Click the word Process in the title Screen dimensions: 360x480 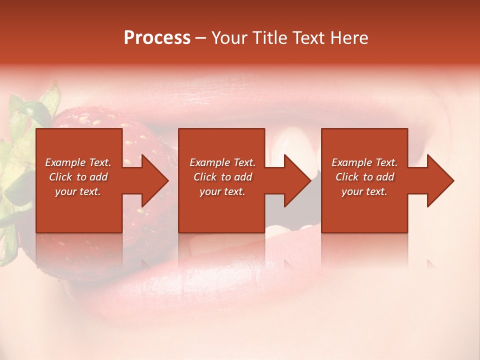(157, 38)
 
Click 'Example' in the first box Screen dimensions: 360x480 (65, 162)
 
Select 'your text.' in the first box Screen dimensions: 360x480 (78, 191)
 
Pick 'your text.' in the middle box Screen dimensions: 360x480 (222, 191)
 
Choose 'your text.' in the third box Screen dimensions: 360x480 (364, 191)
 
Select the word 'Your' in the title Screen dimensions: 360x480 (230, 38)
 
